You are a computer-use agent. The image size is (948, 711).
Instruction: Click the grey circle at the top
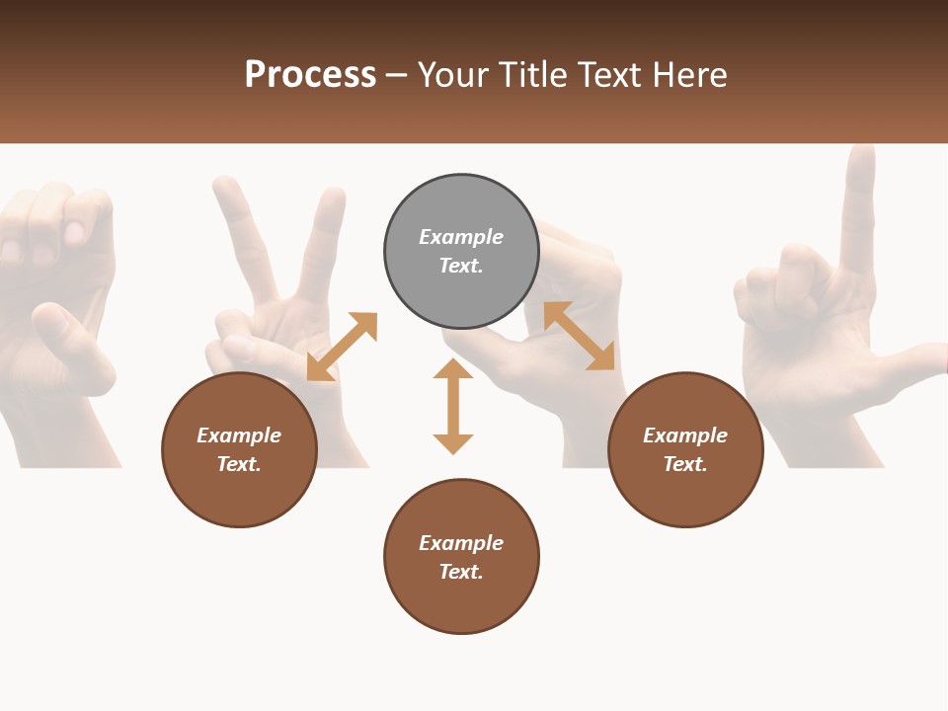(x=461, y=252)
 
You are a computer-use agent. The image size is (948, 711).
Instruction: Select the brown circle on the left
(x=239, y=449)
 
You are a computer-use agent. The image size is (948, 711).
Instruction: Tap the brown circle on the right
(x=685, y=449)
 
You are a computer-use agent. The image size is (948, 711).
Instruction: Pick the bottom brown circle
(x=461, y=557)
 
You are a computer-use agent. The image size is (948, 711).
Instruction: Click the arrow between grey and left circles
(x=342, y=347)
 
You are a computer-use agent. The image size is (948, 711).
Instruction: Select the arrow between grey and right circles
(x=579, y=336)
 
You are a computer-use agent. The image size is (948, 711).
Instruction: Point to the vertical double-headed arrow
(x=453, y=406)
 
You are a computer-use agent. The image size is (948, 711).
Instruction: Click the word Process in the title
(x=310, y=74)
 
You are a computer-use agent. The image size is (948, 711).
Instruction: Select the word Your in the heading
(x=453, y=74)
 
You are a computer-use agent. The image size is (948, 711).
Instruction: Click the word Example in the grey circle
(x=461, y=237)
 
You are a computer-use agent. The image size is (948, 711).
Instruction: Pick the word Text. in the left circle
(x=239, y=464)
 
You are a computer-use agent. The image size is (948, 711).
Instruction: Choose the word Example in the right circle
(x=685, y=435)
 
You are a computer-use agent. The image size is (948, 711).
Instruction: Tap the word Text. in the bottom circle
(x=461, y=572)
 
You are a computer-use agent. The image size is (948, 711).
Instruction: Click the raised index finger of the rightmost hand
(x=858, y=207)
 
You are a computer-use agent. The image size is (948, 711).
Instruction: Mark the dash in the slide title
(x=397, y=75)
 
